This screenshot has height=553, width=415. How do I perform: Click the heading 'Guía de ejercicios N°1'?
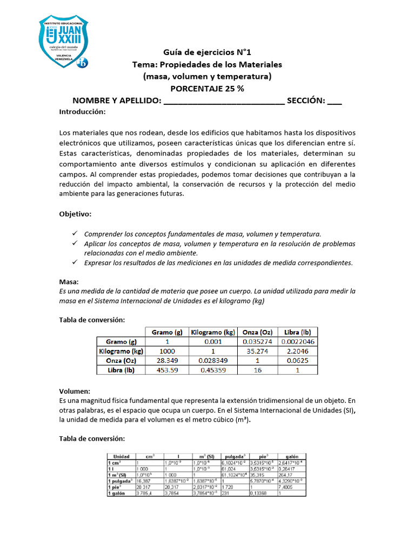[x=207, y=52]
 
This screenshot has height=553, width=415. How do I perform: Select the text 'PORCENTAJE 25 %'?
[x=207, y=89]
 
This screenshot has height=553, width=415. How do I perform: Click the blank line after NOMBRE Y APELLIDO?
[x=223, y=101]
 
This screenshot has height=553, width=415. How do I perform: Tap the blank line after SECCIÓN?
[x=334, y=101]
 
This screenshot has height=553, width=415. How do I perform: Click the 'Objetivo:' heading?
[x=75, y=214]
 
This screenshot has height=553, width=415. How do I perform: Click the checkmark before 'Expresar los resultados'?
[x=75, y=262]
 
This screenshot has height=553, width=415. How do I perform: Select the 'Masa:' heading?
[x=69, y=282]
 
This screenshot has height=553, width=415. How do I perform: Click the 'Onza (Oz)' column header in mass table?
[x=257, y=332]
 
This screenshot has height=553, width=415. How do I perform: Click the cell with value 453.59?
[x=166, y=370]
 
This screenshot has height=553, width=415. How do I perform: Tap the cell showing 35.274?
[x=257, y=351]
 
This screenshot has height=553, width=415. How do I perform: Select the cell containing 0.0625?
[x=297, y=361]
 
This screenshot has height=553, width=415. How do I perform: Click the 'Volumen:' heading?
[x=74, y=391]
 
